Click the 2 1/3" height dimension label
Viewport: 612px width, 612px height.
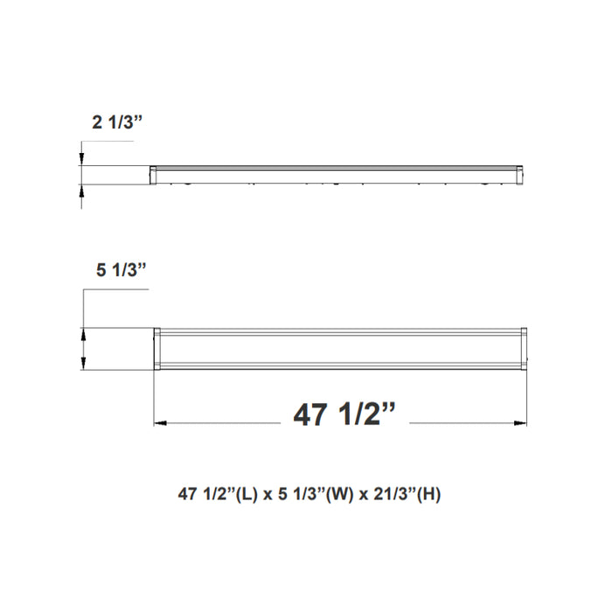(x=117, y=123)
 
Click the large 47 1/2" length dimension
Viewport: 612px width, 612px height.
(x=346, y=414)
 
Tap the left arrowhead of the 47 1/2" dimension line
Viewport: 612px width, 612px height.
(x=159, y=425)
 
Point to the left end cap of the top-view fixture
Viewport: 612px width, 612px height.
(x=157, y=349)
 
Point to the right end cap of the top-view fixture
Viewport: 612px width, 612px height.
(x=524, y=349)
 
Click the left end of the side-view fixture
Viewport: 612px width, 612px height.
(x=153, y=174)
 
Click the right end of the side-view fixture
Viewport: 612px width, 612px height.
(x=523, y=174)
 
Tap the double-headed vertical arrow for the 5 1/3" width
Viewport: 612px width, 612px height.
(x=83, y=349)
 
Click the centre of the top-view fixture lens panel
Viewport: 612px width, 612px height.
(x=341, y=349)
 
